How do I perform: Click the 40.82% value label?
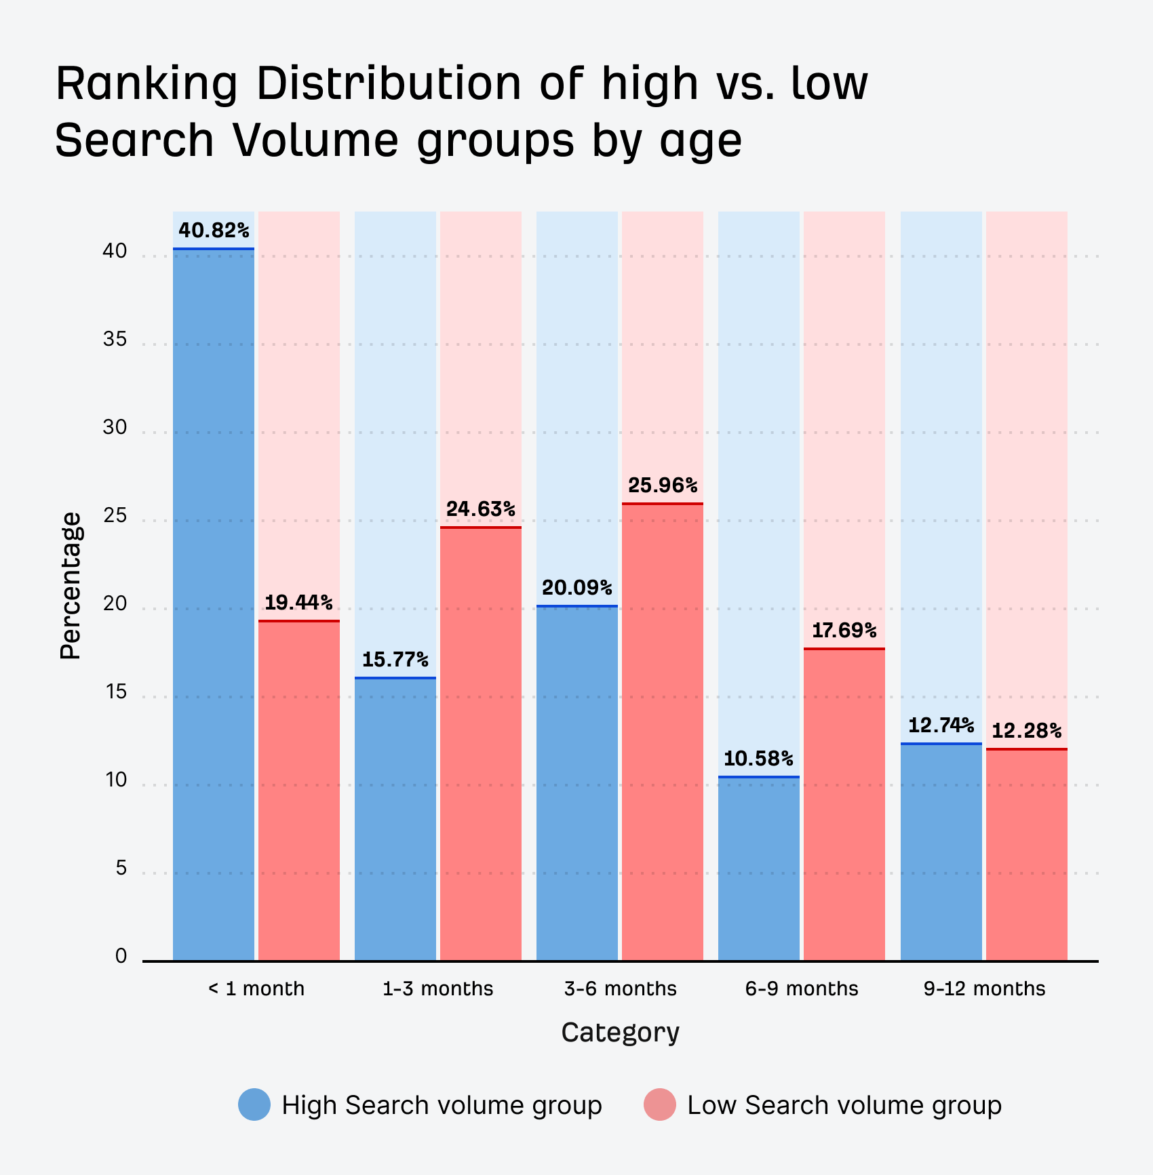pyautogui.click(x=214, y=231)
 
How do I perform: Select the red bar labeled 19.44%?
pyautogui.click(x=299, y=790)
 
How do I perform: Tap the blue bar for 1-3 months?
pyautogui.click(x=395, y=819)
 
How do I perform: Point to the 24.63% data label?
pyautogui.click(x=481, y=509)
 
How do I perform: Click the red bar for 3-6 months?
pyautogui.click(x=663, y=732)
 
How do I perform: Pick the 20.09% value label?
pyautogui.click(x=577, y=587)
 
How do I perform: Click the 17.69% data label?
pyautogui.click(x=844, y=631)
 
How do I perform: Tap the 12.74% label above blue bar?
pyautogui.click(x=941, y=725)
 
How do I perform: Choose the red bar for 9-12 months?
pyautogui.click(x=1027, y=854)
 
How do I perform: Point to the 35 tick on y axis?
pyautogui.click(x=115, y=340)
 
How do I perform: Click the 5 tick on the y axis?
pyautogui.click(x=121, y=869)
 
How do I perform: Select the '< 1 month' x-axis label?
pyautogui.click(x=256, y=989)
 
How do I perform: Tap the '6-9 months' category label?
pyautogui.click(x=802, y=989)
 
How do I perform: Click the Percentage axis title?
pyautogui.click(x=70, y=585)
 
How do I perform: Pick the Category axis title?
pyautogui.click(x=620, y=1033)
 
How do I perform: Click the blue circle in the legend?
pyautogui.click(x=254, y=1104)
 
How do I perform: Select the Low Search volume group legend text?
pyautogui.click(x=844, y=1105)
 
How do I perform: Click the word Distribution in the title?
pyautogui.click(x=389, y=84)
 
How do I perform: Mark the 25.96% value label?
pyautogui.click(x=663, y=485)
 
